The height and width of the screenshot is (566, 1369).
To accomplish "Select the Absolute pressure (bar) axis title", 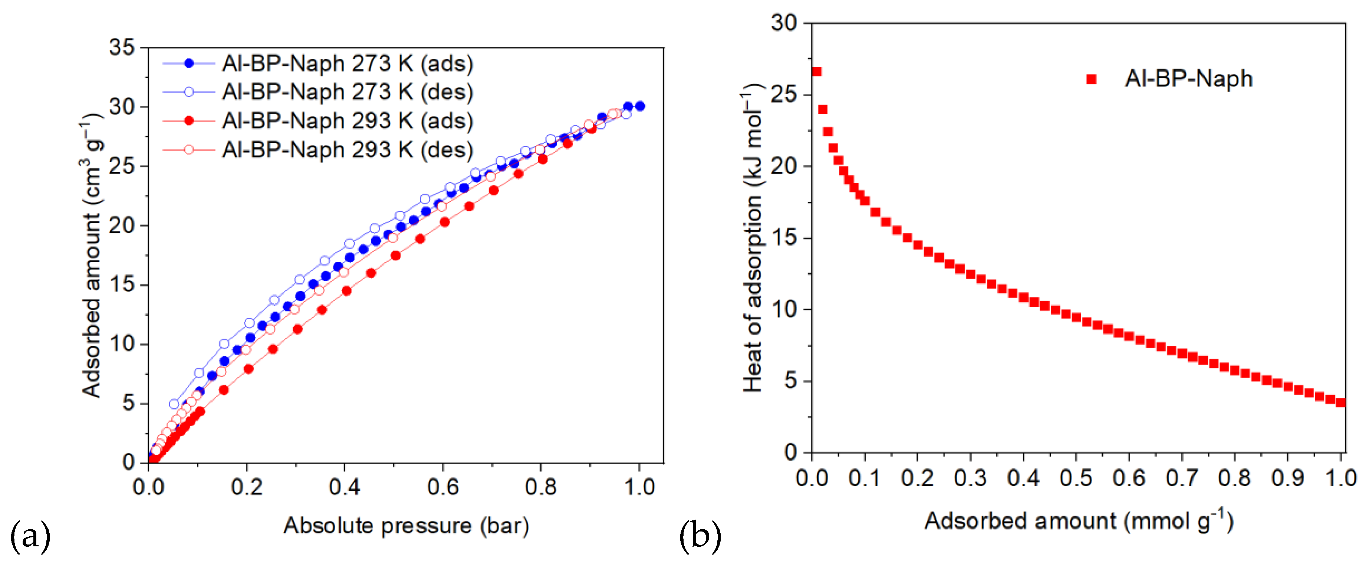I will (406, 526).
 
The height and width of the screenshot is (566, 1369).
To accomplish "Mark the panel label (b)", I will (700, 536).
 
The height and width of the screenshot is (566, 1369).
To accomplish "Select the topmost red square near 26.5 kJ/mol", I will (817, 72).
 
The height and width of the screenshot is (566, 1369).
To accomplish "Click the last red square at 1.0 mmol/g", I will (1341, 402).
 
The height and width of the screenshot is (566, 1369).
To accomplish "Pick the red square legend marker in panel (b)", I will (1092, 79).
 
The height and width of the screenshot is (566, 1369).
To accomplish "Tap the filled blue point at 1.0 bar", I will (640, 106).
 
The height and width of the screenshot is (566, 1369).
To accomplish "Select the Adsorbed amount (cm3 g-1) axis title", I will (91, 255).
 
